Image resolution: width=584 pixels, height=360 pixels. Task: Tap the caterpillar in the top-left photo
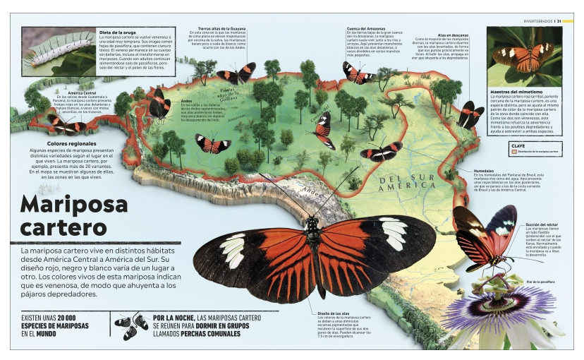point(56,50)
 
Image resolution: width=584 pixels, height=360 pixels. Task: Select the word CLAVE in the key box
point(518,146)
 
